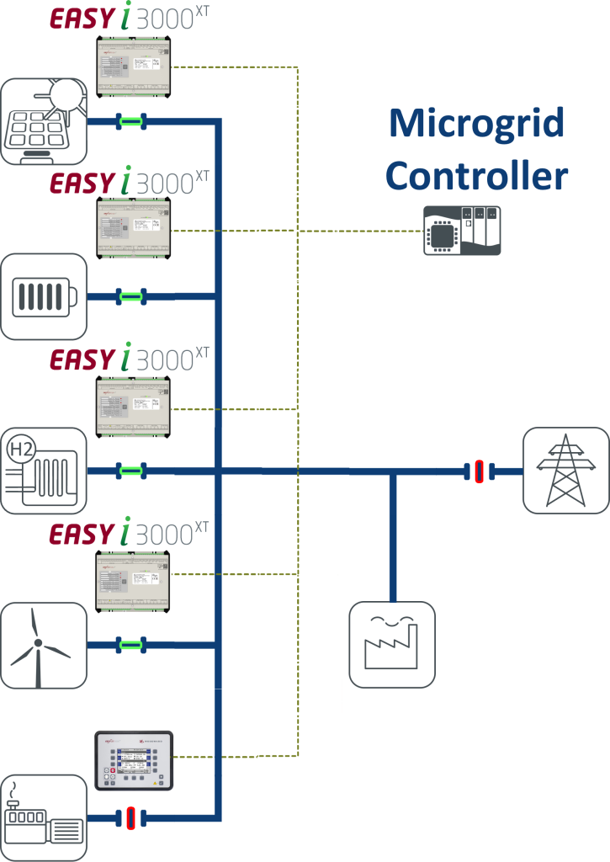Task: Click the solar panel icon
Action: pyautogui.click(x=44, y=121)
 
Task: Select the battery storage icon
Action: pyautogui.click(x=44, y=296)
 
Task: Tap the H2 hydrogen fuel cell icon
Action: pyautogui.click(x=44, y=471)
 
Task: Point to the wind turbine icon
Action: pyautogui.click(x=44, y=646)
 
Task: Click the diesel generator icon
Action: pyautogui.click(x=44, y=817)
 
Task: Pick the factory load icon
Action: pyautogui.click(x=392, y=644)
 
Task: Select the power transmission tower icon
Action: pyautogui.click(x=565, y=471)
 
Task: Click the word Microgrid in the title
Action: pyautogui.click(x=475, y=124)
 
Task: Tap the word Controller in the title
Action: pyautogui.click(x=476, y=177)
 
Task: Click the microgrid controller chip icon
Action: pyautogui.click(x=462, y=230)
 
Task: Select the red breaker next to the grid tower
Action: pyautogui.click(x=477, y=471)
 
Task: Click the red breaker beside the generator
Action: pyautogui.click(x=130, y=817)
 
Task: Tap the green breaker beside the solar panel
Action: pyautogui.click(x=130, y=122)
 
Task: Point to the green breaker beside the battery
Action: pyautogui.click(x=130, y=296)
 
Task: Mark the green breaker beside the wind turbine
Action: pyautogui.click(x=130, y=646)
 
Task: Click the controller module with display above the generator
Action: pyautogui.click(x=134, y=760)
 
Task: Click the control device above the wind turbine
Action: pyautogui.click(x=133, y=581)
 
